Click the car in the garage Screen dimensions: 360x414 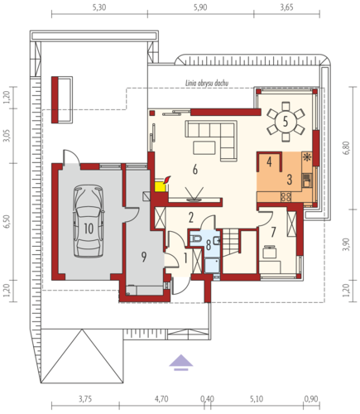[x=89, y=221]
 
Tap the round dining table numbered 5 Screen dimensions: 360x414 [x=286, y=122]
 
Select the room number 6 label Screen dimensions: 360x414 [x=195, y=170]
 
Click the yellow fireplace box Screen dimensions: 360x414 [x=161, y=187]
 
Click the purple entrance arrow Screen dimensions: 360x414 [x=180, y=363]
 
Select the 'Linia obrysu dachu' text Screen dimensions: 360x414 [x=207, y=83]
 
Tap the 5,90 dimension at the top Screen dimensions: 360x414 [x=200, y=7]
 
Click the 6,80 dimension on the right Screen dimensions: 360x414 [x=347, y=148]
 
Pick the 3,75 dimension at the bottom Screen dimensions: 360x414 [x=85, y=399]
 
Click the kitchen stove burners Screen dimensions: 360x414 [x=286, y=197]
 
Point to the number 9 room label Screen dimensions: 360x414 [x=144, y=257]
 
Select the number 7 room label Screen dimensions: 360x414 [x=273, y=232]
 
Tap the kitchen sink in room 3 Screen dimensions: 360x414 [x=306, y=181]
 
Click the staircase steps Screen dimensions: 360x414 [x=231, y=243]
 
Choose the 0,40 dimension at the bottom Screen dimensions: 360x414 [x=207, y=399]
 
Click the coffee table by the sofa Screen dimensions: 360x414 [x=204, y=147]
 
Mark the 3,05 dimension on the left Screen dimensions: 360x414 [x=7, y=136]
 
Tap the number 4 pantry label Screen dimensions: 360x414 [x=269, y=161]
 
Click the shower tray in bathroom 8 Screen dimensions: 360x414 [x=212, y=265]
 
